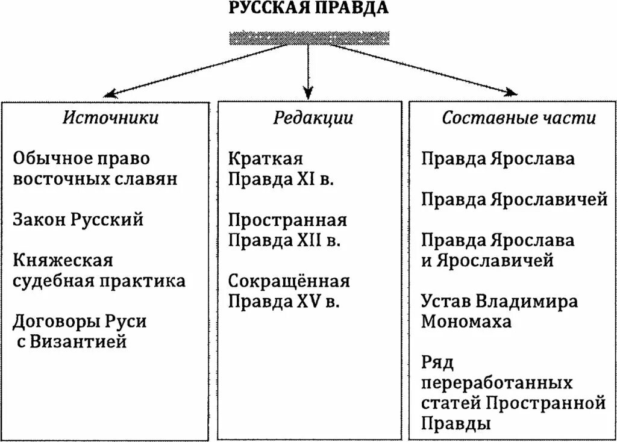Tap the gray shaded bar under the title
308,39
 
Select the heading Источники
111,117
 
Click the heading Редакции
313,117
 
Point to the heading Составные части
519,117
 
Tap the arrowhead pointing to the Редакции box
308,93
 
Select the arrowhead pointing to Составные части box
511,93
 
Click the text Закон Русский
78,219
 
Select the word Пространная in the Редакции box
288,220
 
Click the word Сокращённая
289,281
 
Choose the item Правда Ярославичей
515,199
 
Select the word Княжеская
63,260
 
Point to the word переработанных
497,382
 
